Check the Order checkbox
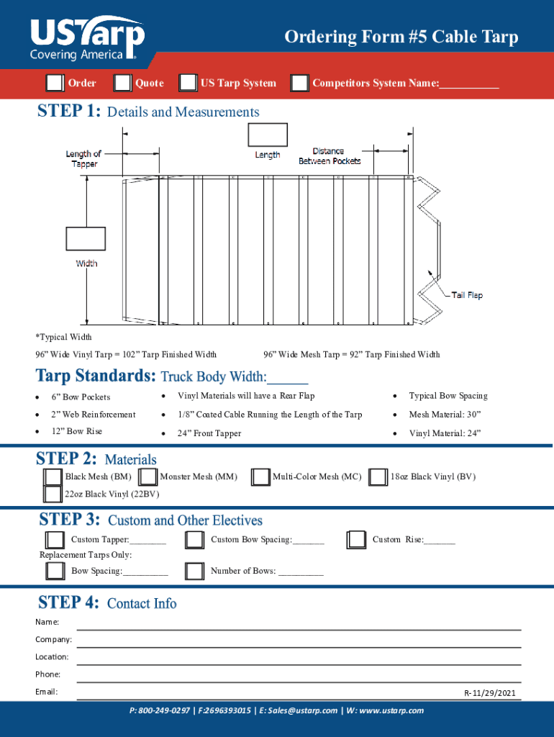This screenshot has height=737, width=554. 54,83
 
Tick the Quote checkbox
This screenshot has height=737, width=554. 122,83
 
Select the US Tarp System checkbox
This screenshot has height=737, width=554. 188,83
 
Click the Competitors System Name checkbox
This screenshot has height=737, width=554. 299,83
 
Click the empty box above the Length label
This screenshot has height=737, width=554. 267,135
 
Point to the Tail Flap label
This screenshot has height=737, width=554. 467,295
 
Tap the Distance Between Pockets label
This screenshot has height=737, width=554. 330,156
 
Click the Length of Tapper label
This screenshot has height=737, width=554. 84,158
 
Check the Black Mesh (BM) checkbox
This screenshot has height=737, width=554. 53,477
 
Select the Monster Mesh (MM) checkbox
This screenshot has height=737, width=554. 148,477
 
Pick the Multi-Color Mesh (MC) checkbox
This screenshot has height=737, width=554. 260,477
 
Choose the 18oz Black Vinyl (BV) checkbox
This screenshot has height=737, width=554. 378,477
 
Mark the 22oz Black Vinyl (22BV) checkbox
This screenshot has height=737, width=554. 53,494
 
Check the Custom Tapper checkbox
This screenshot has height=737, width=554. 55,540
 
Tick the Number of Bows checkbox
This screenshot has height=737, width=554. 194,571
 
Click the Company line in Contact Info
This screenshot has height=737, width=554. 299,640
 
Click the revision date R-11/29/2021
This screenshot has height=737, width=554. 490,694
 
